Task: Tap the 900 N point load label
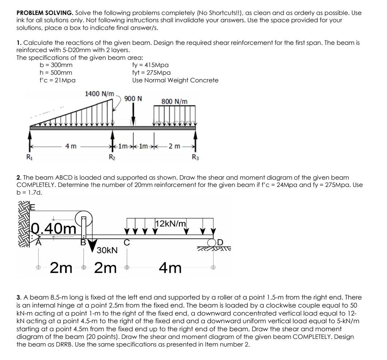[133, 99]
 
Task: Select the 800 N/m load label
[175, 101]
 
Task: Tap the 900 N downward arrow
[133, 115]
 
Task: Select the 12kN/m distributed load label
[171, 223]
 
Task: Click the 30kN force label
[107, 250]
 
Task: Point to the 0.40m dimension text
[54, 229]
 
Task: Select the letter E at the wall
[33, 207]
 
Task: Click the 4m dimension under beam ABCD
[170, 269]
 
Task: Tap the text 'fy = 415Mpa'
[150, 65]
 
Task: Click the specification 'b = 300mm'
[56, 65]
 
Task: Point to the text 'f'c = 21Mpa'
[58, 80]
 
